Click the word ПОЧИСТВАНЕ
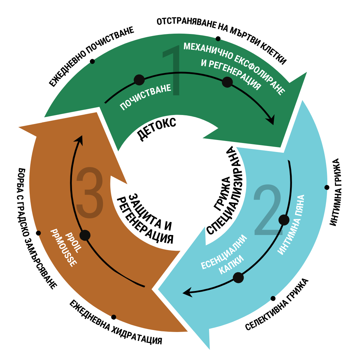click(145, 97)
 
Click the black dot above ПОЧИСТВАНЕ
click(139, 80)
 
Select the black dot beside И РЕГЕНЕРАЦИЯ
click(227, 82)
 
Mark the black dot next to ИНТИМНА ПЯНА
click(284, 220)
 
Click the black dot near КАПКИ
click(238, 278)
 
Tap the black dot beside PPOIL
click(85, 235)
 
